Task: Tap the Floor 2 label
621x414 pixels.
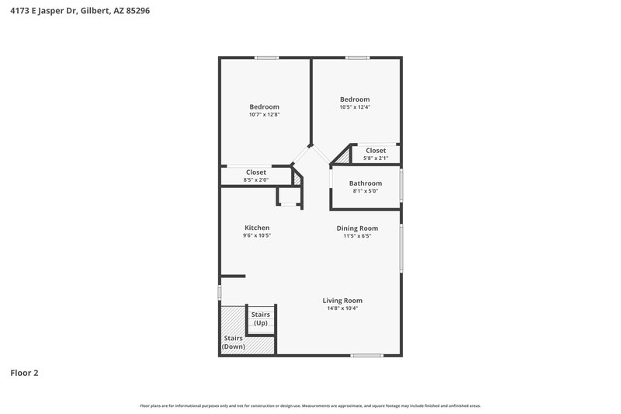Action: [x=24, y=373]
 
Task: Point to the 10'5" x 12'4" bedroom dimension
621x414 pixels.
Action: [x=355, y=107]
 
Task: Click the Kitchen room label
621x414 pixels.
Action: [x=256, y=228]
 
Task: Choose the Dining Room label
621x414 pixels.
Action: [x=357, y=228]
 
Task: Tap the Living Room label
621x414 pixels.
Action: [x=342, y=300]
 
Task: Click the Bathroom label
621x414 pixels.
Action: [x=365, y=183]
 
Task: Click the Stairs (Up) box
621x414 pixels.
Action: [x=261, y=318]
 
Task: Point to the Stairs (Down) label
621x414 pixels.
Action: [x=234, y=343]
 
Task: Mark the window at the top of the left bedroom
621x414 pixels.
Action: [x=268, y=57]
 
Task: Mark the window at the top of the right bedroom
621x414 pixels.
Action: [x=357, y=57]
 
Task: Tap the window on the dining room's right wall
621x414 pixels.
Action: [x=402, y=249]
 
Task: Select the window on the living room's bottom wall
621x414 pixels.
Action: [x=366, y=356]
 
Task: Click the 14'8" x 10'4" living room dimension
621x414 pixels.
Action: [x=342, y=308]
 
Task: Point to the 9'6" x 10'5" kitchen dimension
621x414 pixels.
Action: [x=256, y=235]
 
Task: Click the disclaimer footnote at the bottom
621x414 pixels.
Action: [x=310, y=405]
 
